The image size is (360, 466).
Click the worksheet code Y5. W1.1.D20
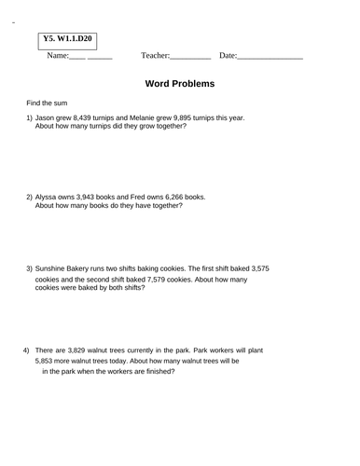click(68, 39)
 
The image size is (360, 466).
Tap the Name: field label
click(57, 56)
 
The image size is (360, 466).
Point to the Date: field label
click(228, 56)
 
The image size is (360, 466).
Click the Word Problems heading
click(180, 84)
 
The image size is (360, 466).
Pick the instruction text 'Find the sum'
click(47, 103)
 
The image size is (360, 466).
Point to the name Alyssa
click(48, 197)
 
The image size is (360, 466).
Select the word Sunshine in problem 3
click(52, 268)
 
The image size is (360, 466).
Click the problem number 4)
click(26, 349)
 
